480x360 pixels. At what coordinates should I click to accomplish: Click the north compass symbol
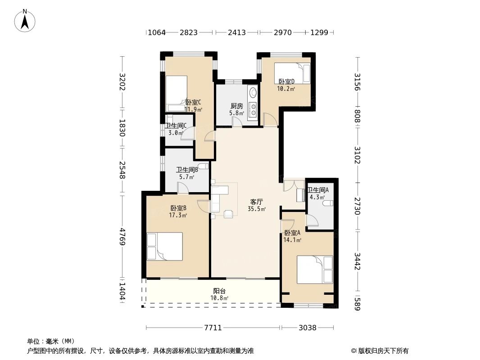pos(25,20)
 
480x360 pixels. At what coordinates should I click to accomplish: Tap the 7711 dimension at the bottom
pos(213,328)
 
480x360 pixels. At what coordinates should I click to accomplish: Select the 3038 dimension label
pos(308,328)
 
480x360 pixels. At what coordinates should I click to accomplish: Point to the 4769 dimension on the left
pos(122,236)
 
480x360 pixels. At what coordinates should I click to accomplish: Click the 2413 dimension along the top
pos(237,32)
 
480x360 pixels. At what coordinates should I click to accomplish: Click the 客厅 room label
pos(257,202)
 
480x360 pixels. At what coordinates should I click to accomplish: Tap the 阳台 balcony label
pos(219,291)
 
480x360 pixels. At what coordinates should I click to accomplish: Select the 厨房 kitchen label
pos(237,106)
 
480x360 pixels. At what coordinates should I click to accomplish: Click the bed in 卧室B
pos(165,247)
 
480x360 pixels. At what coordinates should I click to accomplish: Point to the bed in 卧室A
pos(315,270)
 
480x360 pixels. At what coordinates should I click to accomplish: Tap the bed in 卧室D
pos(292,73)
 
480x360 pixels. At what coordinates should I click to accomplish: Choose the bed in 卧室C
pos(177,94)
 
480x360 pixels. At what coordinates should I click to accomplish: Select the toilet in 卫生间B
pos(203,166)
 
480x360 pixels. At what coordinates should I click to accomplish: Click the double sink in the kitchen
pos(253,110)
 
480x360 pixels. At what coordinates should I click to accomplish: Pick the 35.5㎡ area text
pos(257,209)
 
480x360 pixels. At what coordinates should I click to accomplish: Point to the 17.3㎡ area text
pos(178,216)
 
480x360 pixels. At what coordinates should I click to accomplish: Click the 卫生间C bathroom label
pos(176,126)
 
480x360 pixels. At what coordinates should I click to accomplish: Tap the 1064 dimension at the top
pos(156,32)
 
